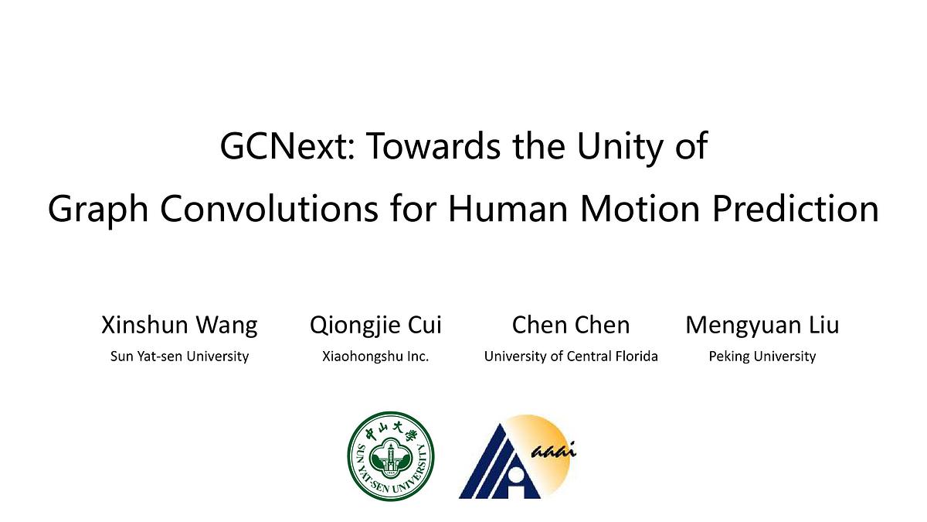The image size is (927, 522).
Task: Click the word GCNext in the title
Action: (x=287, y=146)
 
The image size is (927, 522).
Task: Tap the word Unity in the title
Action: (x=620, y=148)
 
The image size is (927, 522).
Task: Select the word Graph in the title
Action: (x=98, y=210)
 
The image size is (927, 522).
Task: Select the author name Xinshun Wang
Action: (x=179, y=326)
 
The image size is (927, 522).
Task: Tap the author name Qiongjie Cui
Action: (x=375, y=326)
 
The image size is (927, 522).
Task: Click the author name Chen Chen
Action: (x=571, y=326)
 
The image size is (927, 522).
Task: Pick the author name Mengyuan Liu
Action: (x=762, y=326)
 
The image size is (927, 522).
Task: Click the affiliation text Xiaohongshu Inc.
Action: (x=375, y=357)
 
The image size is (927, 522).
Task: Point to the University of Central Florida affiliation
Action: (x=571, y=357)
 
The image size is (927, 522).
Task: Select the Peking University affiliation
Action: (x=762, y=357)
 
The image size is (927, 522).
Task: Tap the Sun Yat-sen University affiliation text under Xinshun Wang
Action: (x=179, y=357)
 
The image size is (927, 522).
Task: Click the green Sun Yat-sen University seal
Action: (x=391, y=455)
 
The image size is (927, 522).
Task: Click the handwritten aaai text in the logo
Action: (x=553, y=450)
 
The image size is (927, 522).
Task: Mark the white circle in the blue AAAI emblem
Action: (x=514, y=476)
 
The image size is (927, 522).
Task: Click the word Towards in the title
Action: (x=433, y=146)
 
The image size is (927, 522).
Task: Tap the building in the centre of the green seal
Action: (x=390, y=457)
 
